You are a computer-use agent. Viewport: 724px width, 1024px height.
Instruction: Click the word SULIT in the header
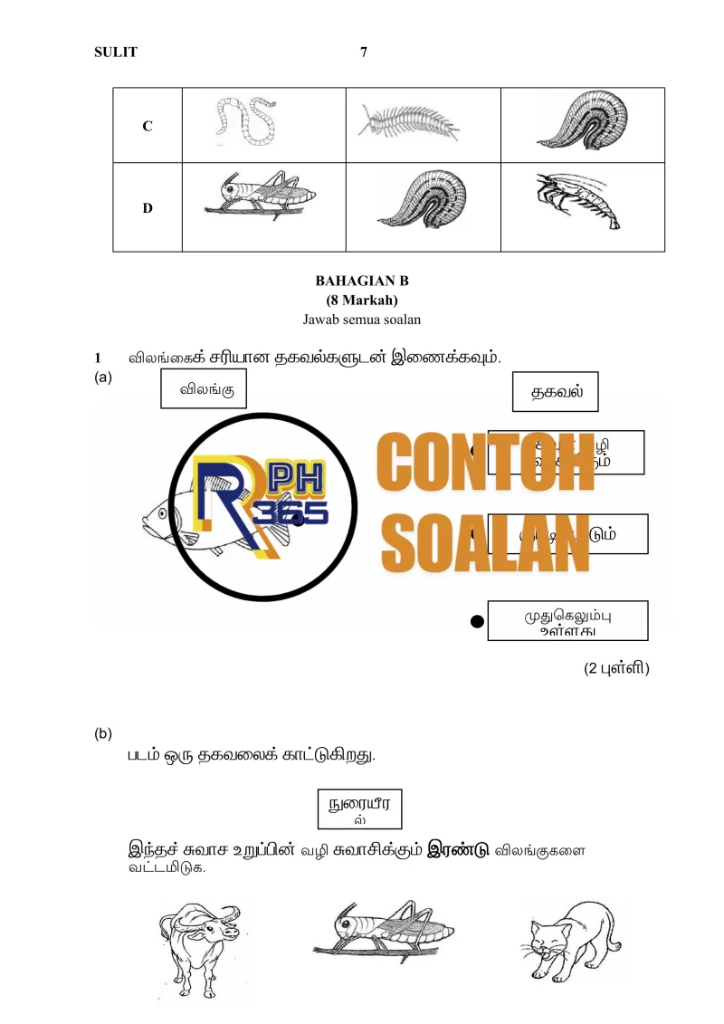[x=116, y=53]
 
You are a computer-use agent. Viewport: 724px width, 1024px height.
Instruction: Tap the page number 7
[x=364, y=53]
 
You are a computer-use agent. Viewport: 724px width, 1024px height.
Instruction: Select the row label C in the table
[x=147, y=126]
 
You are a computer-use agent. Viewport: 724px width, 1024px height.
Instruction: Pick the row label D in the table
[x=147, y=207]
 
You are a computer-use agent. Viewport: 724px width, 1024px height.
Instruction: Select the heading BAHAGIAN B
[x=362, y=281]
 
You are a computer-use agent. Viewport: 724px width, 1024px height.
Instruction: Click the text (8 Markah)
[x=362, y=300]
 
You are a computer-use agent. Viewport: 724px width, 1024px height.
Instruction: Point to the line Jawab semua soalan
[x=362, y=319]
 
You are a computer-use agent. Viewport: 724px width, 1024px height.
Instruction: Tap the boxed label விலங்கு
[x=204, y=391]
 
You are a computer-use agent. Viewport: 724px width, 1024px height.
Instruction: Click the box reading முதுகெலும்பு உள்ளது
[x=567, y=621]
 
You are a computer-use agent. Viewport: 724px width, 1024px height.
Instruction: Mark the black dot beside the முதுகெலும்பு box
[x=477, y=621]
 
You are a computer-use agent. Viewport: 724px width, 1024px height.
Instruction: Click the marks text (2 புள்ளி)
[x=616, y=669]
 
